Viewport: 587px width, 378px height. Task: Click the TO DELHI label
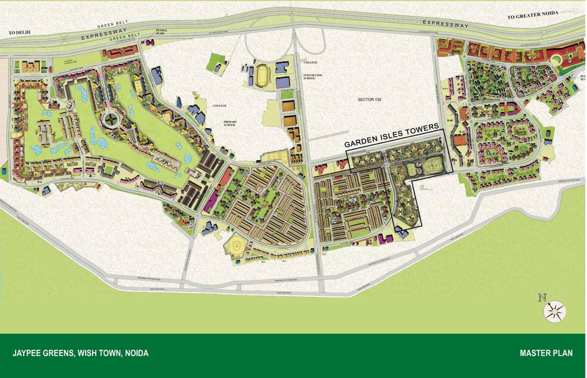point(20,33)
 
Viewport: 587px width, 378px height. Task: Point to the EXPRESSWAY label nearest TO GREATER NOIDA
point(445,24)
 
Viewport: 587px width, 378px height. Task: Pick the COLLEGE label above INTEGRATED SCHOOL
point(310,62)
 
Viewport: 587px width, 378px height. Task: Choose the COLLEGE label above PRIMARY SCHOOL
point(219,106)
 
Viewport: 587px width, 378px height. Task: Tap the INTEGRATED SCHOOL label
point(312,77)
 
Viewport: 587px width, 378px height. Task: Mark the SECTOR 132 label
point(369,100)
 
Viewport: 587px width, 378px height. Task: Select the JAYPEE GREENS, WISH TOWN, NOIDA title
point(80,353)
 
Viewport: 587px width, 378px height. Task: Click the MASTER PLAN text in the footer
point(546,353)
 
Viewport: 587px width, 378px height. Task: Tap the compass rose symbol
point(555,311)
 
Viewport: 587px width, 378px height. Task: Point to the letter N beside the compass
point(542,298)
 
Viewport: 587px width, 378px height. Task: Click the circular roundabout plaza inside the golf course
point(109,120)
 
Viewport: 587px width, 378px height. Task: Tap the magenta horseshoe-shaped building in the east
point(508,109)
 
